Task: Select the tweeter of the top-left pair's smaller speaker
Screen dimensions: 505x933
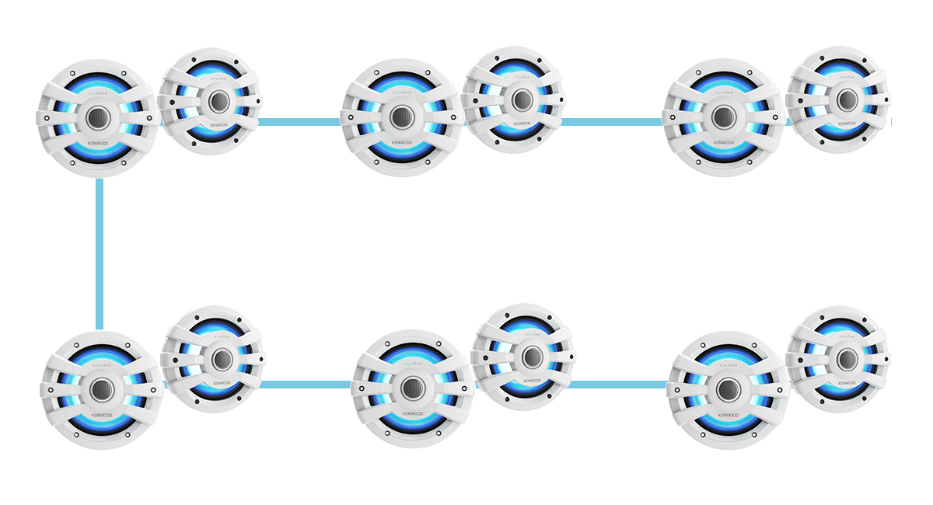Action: coord(218,100)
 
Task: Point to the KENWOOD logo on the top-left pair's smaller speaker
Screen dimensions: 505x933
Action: coord(218,125)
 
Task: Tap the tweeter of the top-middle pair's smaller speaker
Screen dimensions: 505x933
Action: coord(522,99)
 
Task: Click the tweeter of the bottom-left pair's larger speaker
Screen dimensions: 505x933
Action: coord(102,388)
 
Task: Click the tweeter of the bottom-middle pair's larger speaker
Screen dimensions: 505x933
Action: coord(412,387)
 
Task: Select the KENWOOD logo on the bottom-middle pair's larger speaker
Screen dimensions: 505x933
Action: coord(413,413)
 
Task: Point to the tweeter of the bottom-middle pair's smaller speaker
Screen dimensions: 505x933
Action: coord(532,357)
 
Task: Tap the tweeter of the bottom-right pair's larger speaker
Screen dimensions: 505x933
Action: coord(728,388)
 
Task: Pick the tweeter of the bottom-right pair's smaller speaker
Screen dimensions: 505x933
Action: coord(847,358)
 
